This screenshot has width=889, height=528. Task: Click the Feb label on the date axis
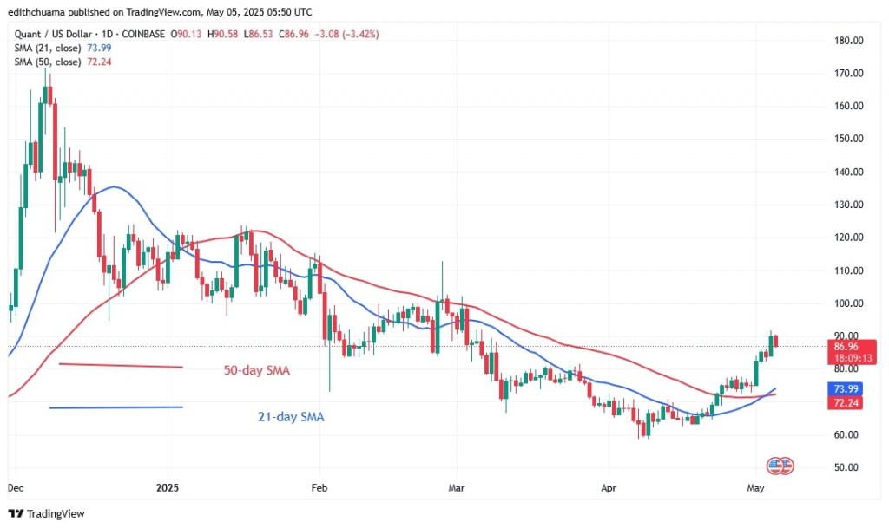[319, 487]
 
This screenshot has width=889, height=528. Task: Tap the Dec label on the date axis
[16, 487]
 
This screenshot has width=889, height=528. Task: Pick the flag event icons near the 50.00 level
[780, 466]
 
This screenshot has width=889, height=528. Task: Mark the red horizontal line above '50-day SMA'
[121, 365]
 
